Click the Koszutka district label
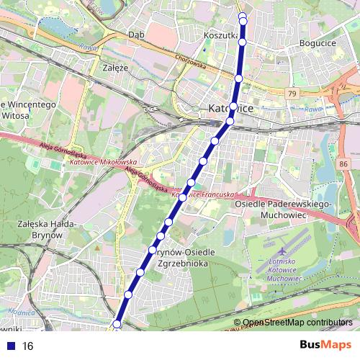(220, 34)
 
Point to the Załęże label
(115, 68)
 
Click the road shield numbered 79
(290, 94)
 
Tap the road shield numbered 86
(341, 165)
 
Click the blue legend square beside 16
(9, 346)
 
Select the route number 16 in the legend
(28, 346)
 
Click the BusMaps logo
(326, 346)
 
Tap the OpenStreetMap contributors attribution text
(297, 323)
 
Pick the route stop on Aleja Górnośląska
(184, 196)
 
